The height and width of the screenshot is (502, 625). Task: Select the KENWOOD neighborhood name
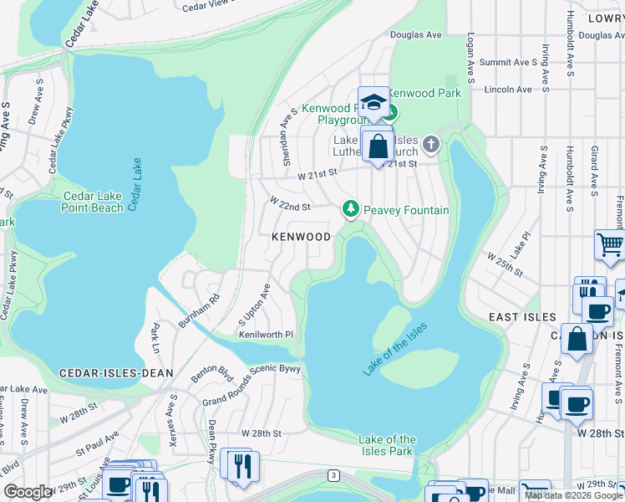(301, 237)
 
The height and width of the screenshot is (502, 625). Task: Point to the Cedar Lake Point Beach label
(94, 202)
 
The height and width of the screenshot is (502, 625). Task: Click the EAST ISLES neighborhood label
(522, 317)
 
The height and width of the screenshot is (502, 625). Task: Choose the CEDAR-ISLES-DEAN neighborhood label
(116, 372)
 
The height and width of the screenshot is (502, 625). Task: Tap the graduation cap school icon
(374, 102)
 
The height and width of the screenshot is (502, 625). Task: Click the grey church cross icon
(430, 144)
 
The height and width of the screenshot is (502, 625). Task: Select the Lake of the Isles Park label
(387, 445)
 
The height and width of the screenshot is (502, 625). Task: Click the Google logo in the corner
(28, 491)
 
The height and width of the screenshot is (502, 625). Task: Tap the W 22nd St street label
(289, 204)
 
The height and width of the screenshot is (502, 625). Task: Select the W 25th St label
(505, 263)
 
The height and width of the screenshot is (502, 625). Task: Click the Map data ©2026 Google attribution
(572, 495)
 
